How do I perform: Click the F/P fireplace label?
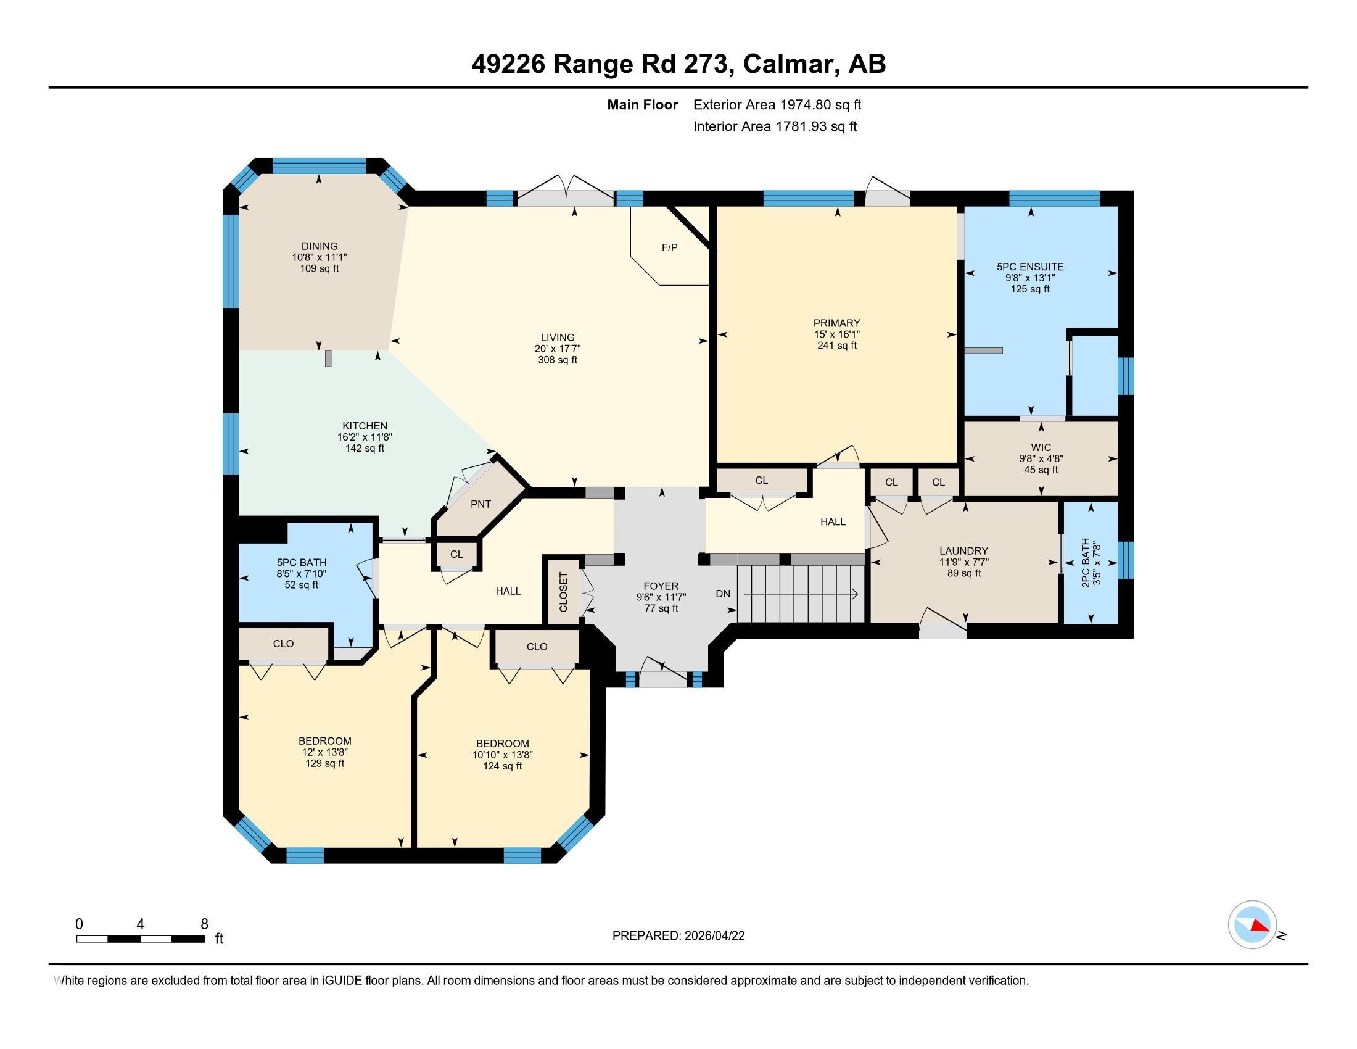tap(669, 247)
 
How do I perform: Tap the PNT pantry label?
tap(481, 504)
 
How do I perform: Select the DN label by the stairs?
tap(723, 594)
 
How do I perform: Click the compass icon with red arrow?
tap(1252, 925)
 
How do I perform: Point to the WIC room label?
tap(1041, 447)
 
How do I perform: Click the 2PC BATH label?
tap(1085, 562)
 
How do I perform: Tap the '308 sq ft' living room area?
tap(558, 360)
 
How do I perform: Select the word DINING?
tap(320, 246)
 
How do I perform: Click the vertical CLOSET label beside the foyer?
tap(564, 592)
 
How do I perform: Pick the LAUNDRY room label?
tap(963, 550)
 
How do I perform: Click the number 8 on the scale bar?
tap(204, 924)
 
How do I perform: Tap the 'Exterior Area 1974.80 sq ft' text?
tap(777, 105)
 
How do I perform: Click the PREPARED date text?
tap(678, 936)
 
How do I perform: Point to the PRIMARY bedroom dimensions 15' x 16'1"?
tap(837, 334)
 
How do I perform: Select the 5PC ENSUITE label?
tap(1030, 267)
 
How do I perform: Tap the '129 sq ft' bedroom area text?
tap(324, 763)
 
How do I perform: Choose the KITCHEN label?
tap(365, 426)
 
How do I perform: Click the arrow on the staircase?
tap(801, 594)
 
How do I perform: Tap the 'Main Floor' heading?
tap(643, 105)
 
